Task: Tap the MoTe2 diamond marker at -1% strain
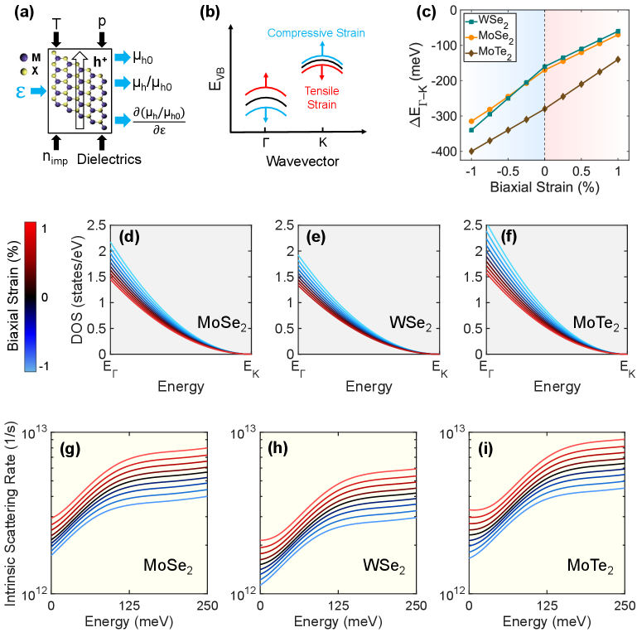pos(471,151)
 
